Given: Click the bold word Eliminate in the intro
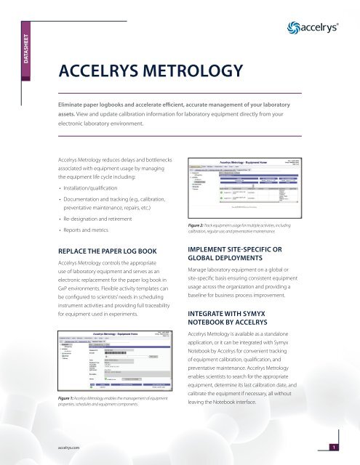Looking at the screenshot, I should pos(77,104).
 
